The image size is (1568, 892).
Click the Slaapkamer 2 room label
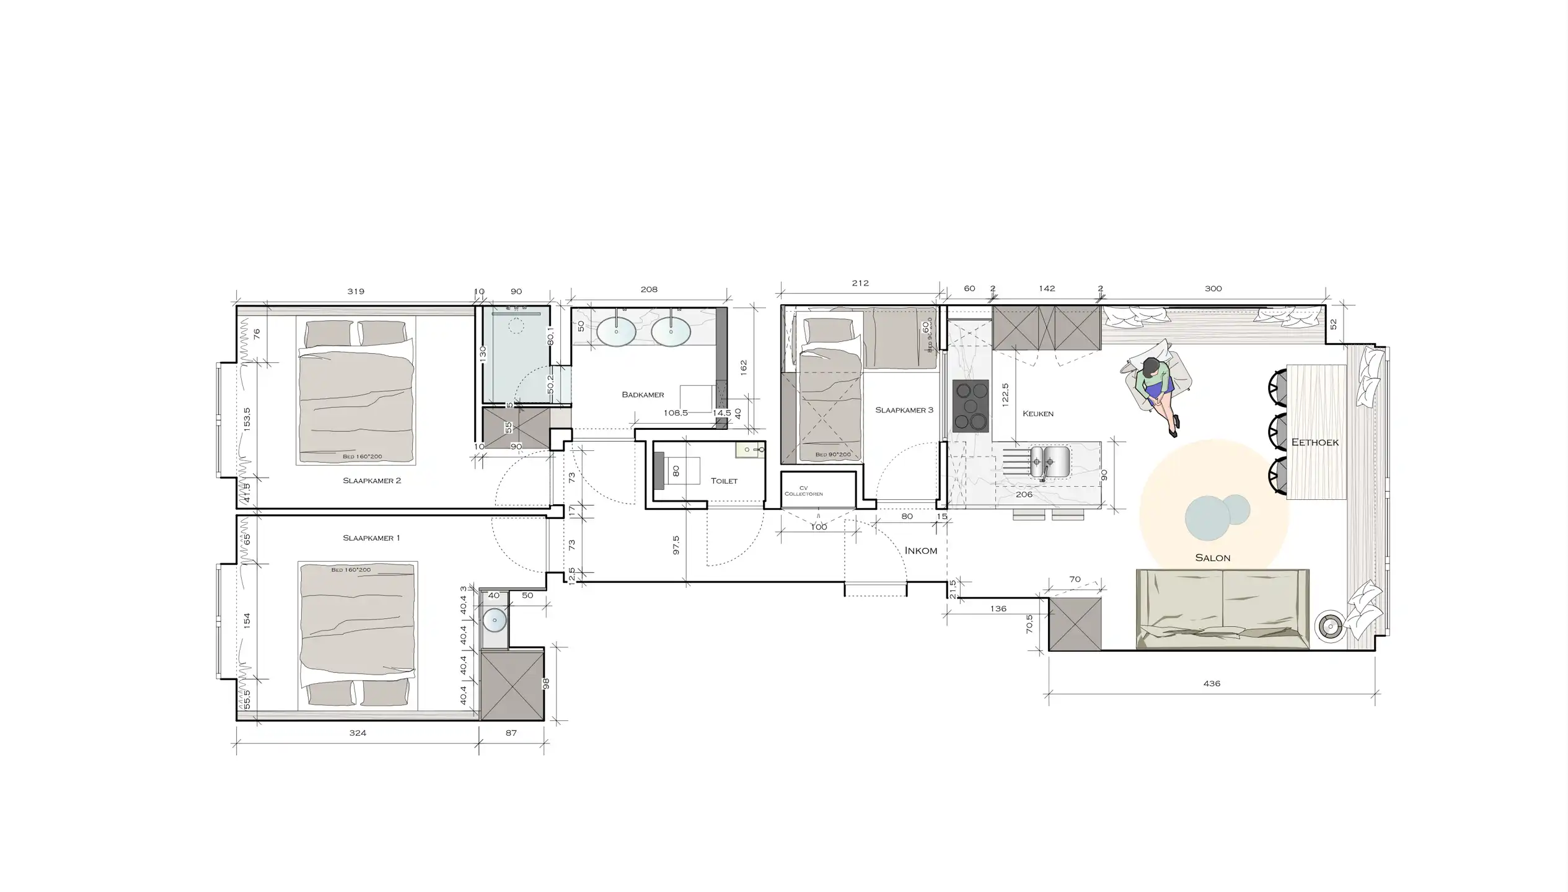[372, 481]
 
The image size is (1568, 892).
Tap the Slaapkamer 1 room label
[371, 538]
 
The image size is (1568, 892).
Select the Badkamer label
[643, 395]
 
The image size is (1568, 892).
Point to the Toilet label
[724, 481]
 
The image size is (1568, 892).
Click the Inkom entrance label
[920, 551]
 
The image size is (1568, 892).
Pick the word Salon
[1212, 558]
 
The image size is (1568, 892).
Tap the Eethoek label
[1315, 442]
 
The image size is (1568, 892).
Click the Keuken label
[1037, 414]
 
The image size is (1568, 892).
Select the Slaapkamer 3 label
[904, 410]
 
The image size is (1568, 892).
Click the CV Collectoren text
[803, 491]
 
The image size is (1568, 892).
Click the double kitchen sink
[1049, 462]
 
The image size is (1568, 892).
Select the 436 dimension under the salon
[1211, 684]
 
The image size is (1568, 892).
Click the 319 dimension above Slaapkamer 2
[356, 291]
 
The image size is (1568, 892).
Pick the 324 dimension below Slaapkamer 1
[358, 733]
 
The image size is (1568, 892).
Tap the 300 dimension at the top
[1213, 289]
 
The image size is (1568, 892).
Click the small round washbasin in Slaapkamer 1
[495, 620]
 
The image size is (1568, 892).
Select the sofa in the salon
[1222, 609]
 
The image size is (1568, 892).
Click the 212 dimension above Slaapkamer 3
[860, 283]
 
